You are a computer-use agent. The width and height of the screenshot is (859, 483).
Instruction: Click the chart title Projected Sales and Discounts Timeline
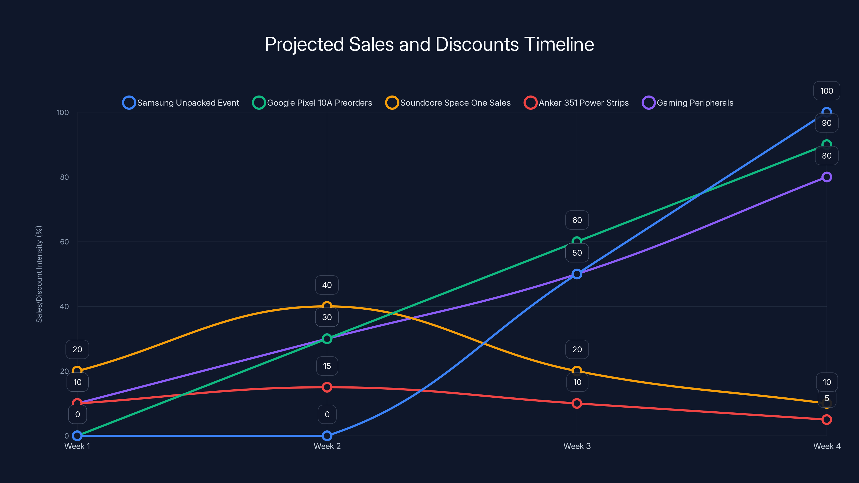[x=429, y=44]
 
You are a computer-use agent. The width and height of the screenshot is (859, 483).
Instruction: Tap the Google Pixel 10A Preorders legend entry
[x=312, y=103]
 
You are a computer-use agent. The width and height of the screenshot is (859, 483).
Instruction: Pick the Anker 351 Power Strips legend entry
[x=576, y=103]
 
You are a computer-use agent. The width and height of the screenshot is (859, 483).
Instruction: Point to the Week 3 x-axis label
[x=577, y=446]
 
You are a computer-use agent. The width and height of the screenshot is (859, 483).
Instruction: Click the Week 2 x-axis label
[x=327, y=446]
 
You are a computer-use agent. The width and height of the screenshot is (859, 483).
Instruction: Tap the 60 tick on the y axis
[x=64, y=242]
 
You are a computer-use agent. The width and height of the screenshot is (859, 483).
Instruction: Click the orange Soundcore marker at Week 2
[x=327, y=306]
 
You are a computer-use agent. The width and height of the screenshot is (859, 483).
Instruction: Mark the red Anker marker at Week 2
[x=327, y=387]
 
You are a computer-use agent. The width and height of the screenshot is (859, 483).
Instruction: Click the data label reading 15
[x=327, y=366]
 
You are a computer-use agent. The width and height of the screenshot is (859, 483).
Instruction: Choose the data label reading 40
[x=327, y=285]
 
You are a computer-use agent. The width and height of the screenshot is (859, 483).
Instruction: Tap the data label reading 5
[x=827, y=398]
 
